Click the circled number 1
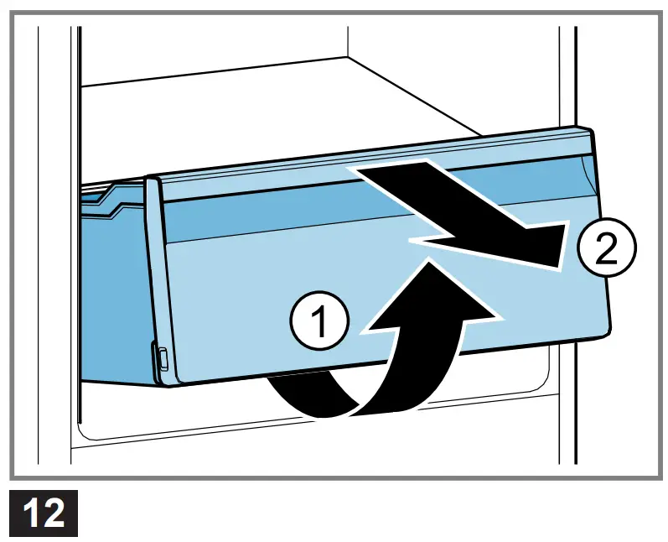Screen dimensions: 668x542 [x=319, y=321]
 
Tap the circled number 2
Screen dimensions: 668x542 [x=606, y=248]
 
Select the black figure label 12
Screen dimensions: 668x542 [x=44, y=513]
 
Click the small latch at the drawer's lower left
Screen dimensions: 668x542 [x=162, y=357]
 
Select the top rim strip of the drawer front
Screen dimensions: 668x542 [x=370, y=164]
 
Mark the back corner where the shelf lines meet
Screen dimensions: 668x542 [x=348, y=57]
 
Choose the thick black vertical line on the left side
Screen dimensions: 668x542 [x=80, y=225]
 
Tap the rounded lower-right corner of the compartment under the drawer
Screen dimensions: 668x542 [x=545, y=383]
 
